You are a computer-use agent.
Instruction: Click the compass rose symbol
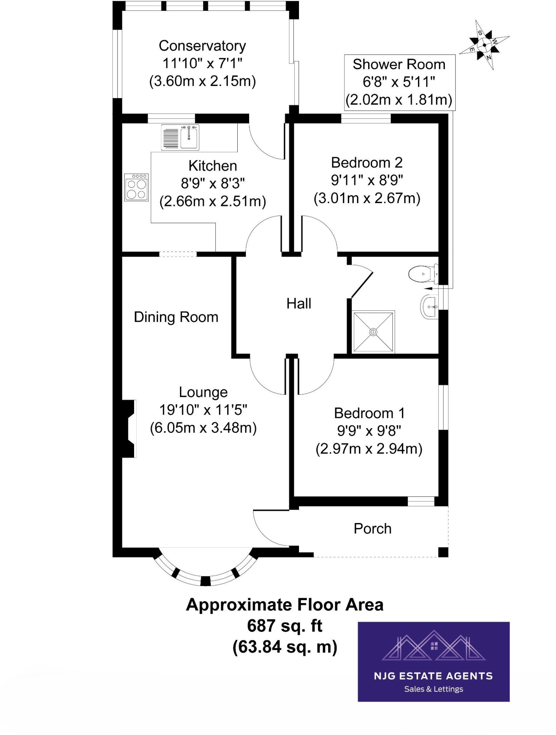click(x=484, y=45)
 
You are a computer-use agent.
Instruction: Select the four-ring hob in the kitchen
click(x=137, y=187)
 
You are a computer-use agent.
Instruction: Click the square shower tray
click(x=373, y=332)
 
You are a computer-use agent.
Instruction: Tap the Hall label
click(x=299, y=304)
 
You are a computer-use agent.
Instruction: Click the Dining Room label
click(x=176, y=317)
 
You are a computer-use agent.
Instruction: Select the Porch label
click(x=372, y=528)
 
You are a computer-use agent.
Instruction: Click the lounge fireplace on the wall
click(x=129, y=429)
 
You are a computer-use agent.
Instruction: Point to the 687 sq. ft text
click(x=284, y=626)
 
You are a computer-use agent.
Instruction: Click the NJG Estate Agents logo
click(x=433, y=661)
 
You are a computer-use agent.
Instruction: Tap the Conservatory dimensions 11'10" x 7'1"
click(x=202, y=63)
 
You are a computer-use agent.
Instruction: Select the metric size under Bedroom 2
click(x=367, y=198)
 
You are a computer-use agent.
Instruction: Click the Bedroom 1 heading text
click(x=369, y=413)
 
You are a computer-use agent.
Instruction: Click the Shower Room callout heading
click(x=399, y=64)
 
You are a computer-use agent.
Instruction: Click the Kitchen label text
click(x=213, y=166)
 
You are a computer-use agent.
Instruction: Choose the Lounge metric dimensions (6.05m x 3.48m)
click(x=203, y=427)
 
